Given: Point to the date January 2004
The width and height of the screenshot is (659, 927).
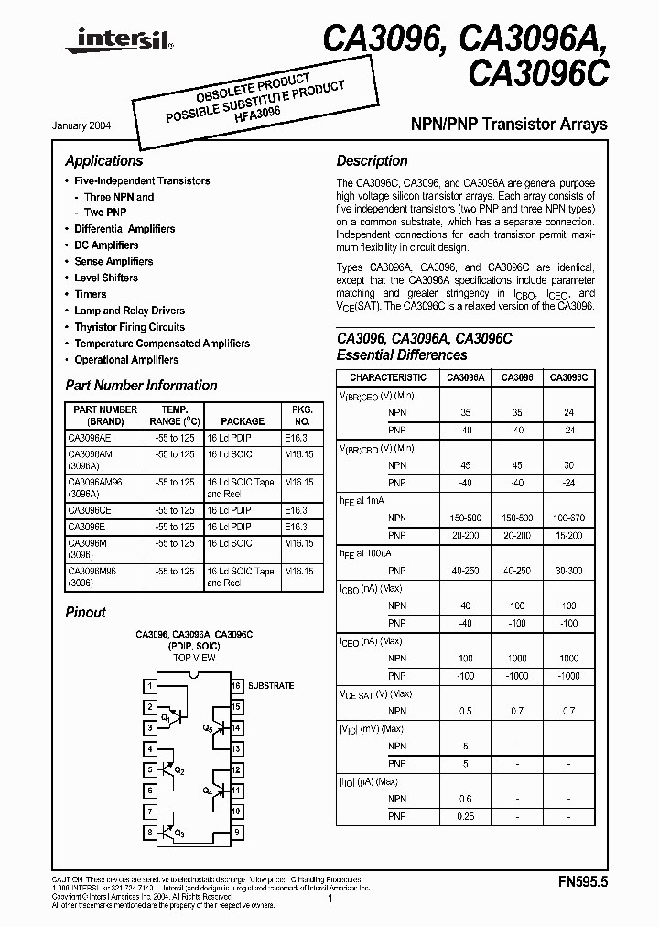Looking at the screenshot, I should pos(89,125).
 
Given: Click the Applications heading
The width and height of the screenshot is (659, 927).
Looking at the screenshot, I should pos(104,161).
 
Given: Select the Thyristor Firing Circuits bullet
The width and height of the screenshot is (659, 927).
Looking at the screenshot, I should pos(129,327).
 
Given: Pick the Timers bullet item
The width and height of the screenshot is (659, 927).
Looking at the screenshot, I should pos(91,294).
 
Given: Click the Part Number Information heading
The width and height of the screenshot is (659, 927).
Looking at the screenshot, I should pos(141,386).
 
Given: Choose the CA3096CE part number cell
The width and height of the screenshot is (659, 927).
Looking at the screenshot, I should pos(90,510).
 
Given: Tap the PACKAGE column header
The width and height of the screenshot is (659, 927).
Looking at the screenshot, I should pos(242,421).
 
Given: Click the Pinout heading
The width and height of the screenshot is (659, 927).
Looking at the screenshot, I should pos(86,613).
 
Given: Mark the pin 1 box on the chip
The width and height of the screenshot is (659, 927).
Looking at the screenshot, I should pos(148,686).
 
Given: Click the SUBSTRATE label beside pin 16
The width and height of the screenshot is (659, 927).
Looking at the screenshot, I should pos(271,686).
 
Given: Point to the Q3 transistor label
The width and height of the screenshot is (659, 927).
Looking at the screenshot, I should pos(178,834).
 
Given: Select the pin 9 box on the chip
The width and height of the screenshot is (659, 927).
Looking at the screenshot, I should pos(236,833).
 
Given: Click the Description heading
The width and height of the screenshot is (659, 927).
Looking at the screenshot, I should pos(372,161).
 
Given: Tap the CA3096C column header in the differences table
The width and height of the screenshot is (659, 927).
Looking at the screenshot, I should pos(568,377).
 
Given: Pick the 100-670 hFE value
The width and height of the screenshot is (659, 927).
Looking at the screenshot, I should pos(568,518).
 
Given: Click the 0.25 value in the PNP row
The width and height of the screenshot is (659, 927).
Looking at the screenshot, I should pos(466,816).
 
